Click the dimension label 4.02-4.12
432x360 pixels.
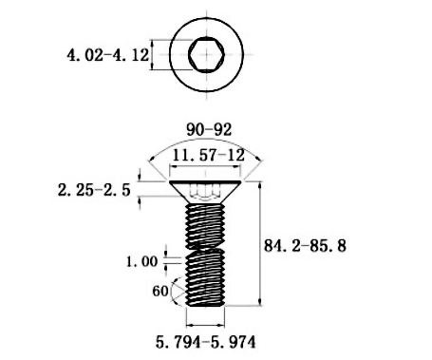tap(107, 55)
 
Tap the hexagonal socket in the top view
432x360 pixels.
tap(206, 54)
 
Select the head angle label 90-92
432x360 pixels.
tap(209, 129)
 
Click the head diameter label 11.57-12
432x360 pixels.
tap(208, 155)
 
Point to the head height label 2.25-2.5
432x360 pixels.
tap(94, 190)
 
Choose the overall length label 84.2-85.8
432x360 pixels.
tap(305, 246)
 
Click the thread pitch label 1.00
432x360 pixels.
tap(141, 261)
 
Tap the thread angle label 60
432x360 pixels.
tap(160, 291)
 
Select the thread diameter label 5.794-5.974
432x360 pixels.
tap(205, 342)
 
